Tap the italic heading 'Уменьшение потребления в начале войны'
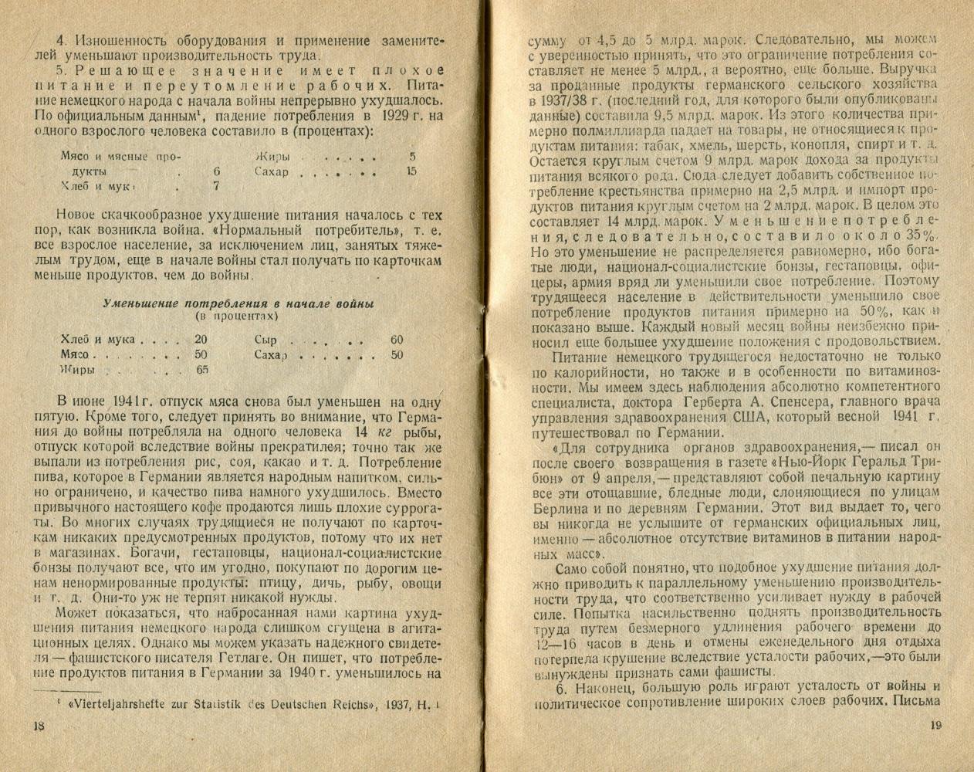239,303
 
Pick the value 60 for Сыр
397,340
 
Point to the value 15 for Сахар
411,171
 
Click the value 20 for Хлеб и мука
201,340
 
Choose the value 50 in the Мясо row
201,355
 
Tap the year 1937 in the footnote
384,704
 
